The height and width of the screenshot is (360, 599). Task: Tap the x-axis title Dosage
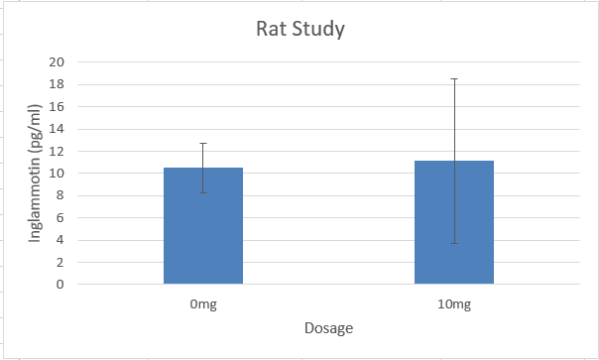click(328, 327)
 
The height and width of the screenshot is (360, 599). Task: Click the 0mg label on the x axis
click(203, 303)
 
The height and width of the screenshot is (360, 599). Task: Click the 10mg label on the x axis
click(454, 303)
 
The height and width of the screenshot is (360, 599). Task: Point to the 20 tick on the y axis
click(57, 62)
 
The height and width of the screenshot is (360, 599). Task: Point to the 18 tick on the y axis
click(57, 84)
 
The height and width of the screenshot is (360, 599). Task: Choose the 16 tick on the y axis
click(57, 107)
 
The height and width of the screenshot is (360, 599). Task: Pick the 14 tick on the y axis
click(57, 129)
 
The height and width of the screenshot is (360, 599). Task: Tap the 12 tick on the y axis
click(57, 152)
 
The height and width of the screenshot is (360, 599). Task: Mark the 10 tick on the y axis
click(57, 174)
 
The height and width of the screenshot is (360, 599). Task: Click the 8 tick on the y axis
click(60, 195)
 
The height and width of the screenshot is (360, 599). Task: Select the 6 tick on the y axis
click(60, 218)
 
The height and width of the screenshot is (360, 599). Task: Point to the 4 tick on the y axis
click(60, 240)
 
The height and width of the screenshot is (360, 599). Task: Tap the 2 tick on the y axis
click(60, 263)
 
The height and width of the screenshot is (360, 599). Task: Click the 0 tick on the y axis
click(60, 285)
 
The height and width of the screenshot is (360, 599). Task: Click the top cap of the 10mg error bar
click(454, 78)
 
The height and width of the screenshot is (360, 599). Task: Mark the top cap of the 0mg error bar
click(203, 143)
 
